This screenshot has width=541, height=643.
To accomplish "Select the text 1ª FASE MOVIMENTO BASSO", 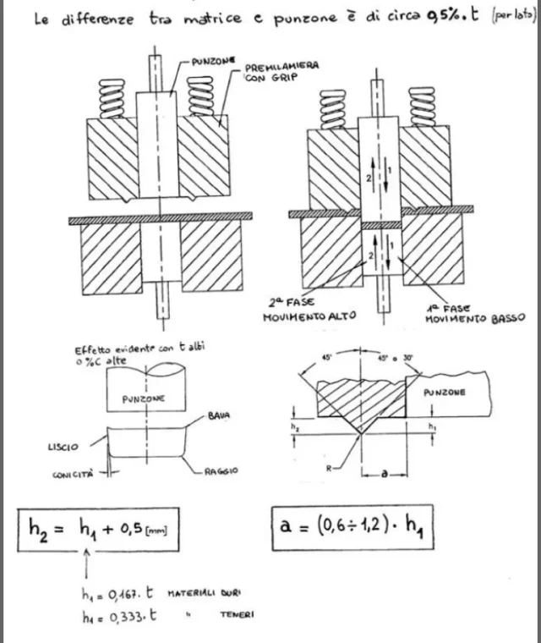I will pyautogui.click(x=467, y=313).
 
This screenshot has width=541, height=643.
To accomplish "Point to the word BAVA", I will pyautogui.click(x=219, y=417).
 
